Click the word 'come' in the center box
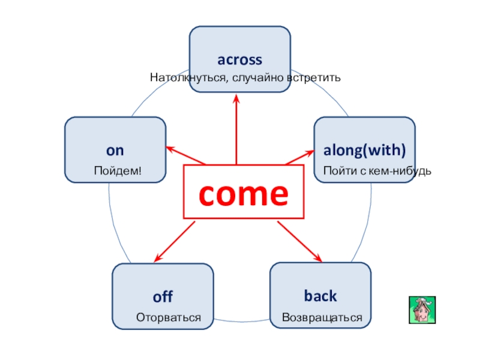243,193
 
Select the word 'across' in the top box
239,60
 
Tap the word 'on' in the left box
115,150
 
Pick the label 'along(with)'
365,150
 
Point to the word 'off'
163,296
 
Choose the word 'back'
320,296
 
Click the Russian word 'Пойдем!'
118,172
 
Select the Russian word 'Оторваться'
168,317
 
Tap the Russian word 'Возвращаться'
322,317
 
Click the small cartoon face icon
422,310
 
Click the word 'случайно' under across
253,78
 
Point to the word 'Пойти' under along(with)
338,172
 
